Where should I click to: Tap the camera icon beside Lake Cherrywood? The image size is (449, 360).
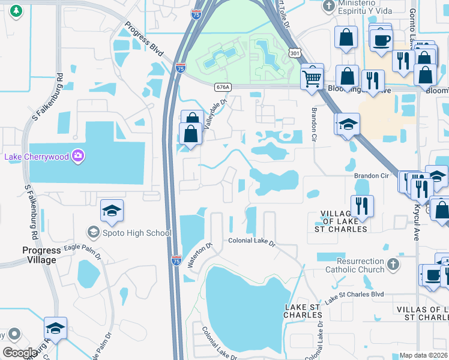[78, 157]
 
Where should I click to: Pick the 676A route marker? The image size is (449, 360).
[222, 87]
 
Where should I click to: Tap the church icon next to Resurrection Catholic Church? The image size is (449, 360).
[392, 264]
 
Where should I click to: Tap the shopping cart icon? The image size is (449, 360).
[312, 77]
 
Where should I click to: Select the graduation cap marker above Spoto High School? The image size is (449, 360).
[112, 211]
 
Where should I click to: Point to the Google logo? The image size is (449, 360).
[20, 353]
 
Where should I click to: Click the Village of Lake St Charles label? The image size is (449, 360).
[343, 221]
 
